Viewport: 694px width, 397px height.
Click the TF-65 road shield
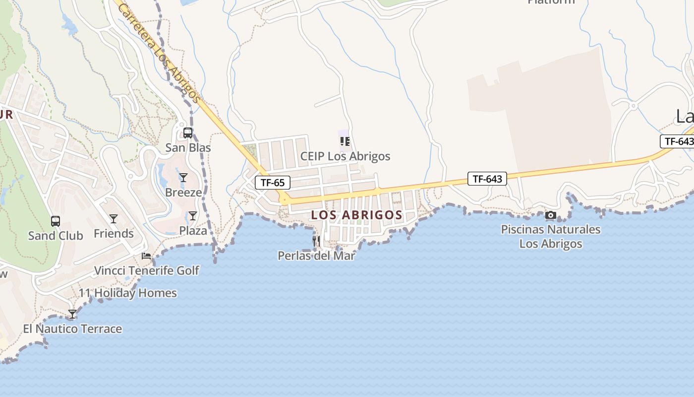pyautogui.click(x=273, y=183)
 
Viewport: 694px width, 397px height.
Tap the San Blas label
pyautogui.click(x=188, y=148)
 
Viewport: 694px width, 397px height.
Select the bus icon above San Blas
pyautogui.click(x=188, y=133)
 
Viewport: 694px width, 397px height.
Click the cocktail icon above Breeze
pyautogui.click(x=183, y=178)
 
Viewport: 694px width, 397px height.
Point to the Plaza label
pyautogui.click(x=193, y=231)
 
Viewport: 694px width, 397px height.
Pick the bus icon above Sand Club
pyautogui.click(x=56, y=221)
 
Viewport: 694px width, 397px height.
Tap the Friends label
pyautogui.click(x=114, y=233)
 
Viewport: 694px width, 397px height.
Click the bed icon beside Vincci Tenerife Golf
pyautogui.click(x=146, y=256)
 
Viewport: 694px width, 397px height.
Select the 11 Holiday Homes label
pyautogui.click(x=127, y=293)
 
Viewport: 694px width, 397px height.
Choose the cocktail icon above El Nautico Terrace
pyautogui.click(x=72, y=314)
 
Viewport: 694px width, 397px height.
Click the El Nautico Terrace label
pyautogui.click(x=72, y=329)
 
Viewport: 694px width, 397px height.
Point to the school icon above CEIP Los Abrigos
pyautogui.click(x=345, y=141)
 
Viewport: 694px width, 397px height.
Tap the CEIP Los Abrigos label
pyautogui.click(x=345, y=156)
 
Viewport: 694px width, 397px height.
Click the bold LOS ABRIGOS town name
pyautogui.click(x=356, y=215)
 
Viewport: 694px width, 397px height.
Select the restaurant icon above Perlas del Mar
pyautogui.click(x=316, y=241)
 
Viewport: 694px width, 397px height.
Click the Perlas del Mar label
pyautogui.click(x=316, y=256)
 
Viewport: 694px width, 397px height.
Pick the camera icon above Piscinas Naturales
pyautogui.click(x=550, y=215)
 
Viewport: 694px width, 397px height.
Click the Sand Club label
pyautogui.click(x=56, y=236)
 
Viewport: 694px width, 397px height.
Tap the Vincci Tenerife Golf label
pyautogui.click(x=146, y=270)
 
